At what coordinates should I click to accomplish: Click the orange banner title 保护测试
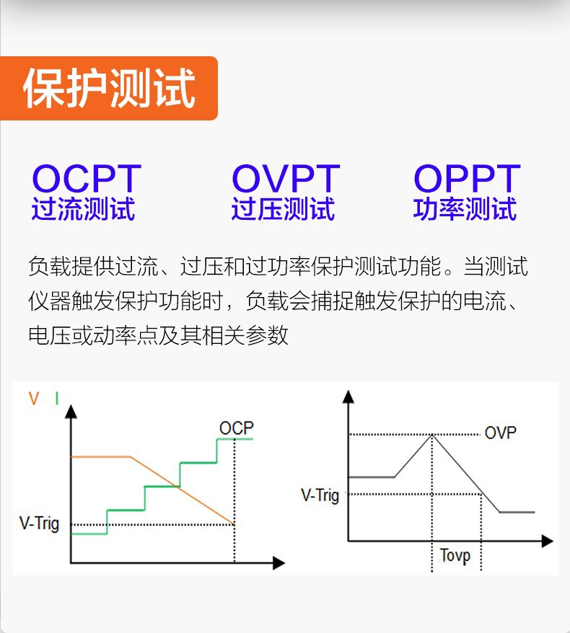click(109, 88)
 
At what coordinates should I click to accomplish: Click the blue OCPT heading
click(87, 178)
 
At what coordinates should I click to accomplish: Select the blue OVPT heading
click(286, 178)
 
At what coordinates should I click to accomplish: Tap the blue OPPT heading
click(467, 178)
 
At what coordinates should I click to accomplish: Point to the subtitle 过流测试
click(83, 208)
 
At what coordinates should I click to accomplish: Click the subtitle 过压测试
click(283, 208)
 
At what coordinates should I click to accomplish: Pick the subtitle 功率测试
click(465, 208)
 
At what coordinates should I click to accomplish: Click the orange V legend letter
click(34, 399)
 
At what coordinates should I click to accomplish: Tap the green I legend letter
click(57, 399)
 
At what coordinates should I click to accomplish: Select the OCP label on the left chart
click(237, 428)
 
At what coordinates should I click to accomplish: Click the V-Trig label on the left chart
click(39, 523)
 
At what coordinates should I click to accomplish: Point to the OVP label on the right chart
click(500, 433)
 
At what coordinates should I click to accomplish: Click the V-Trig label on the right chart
click(320, 495)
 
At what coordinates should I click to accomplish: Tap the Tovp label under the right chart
click(455, 556)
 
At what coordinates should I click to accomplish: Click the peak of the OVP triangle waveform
click(432, 435)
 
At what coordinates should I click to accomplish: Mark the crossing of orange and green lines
click(178, 487)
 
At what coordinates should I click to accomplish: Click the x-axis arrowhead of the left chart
click(279, 563)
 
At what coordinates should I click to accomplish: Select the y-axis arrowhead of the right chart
click(348, 397)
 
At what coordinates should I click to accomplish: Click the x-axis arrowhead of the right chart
click(548, 541)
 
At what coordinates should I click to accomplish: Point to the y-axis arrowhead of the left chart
click(71, 412)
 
